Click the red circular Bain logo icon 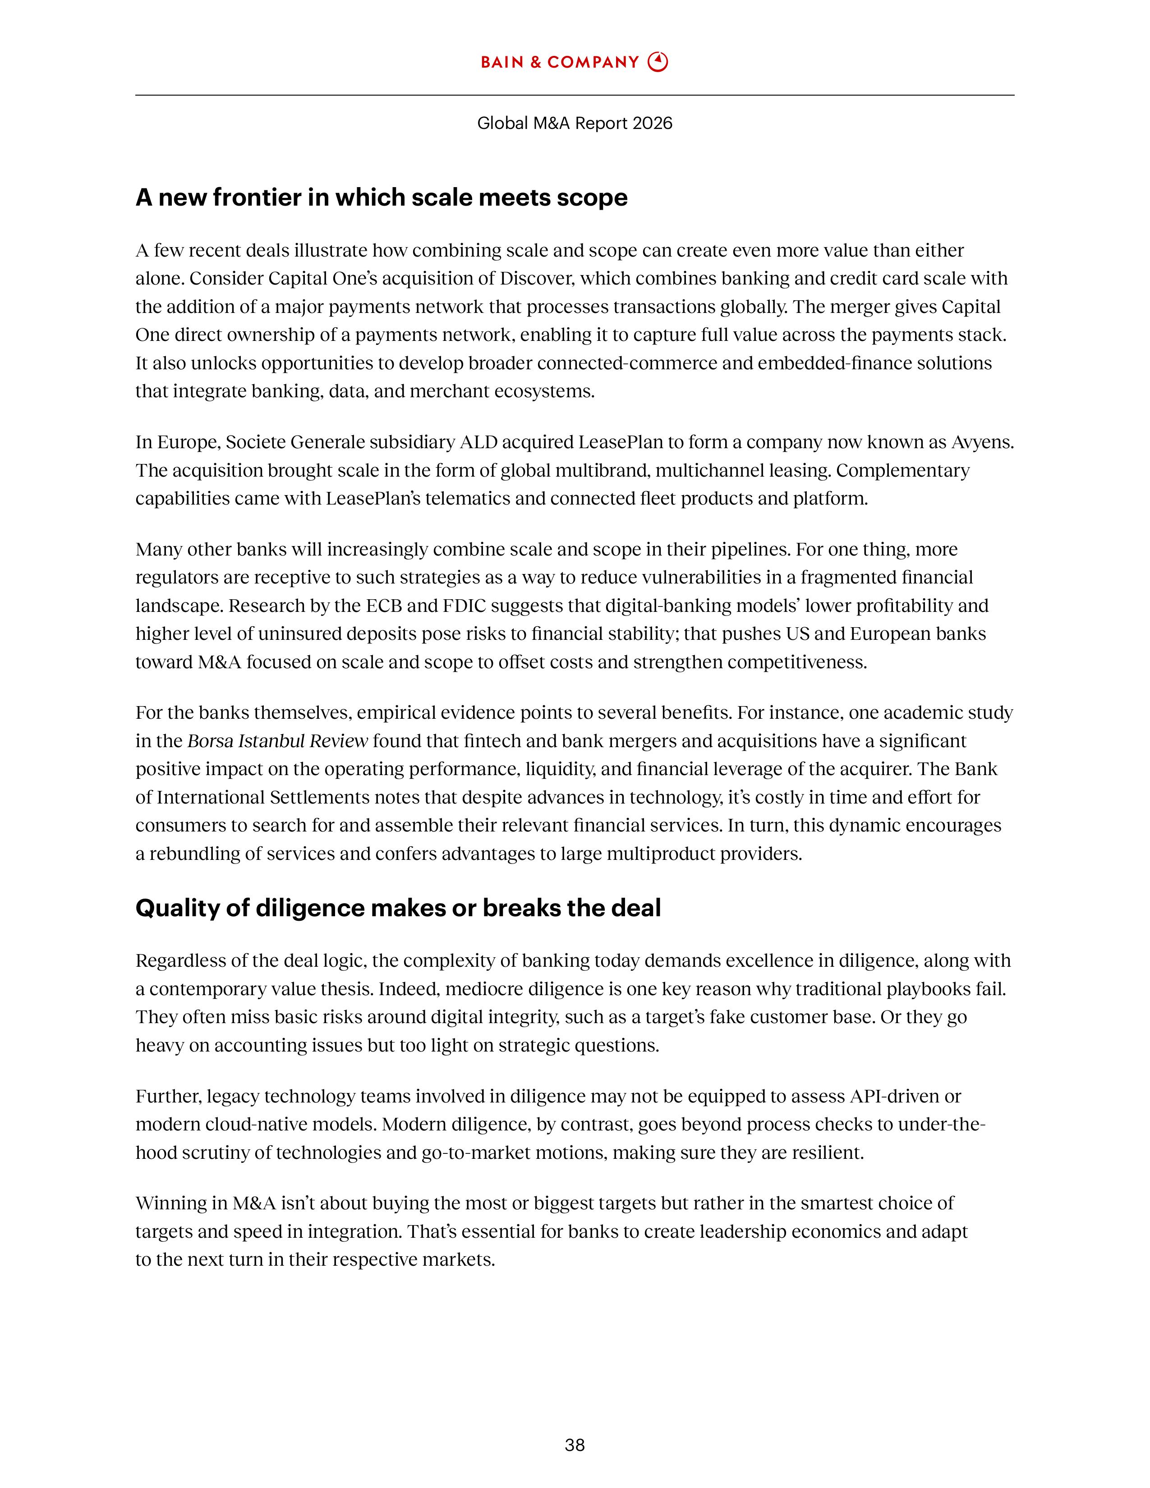pos(658,62)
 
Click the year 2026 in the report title pos(652,123)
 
